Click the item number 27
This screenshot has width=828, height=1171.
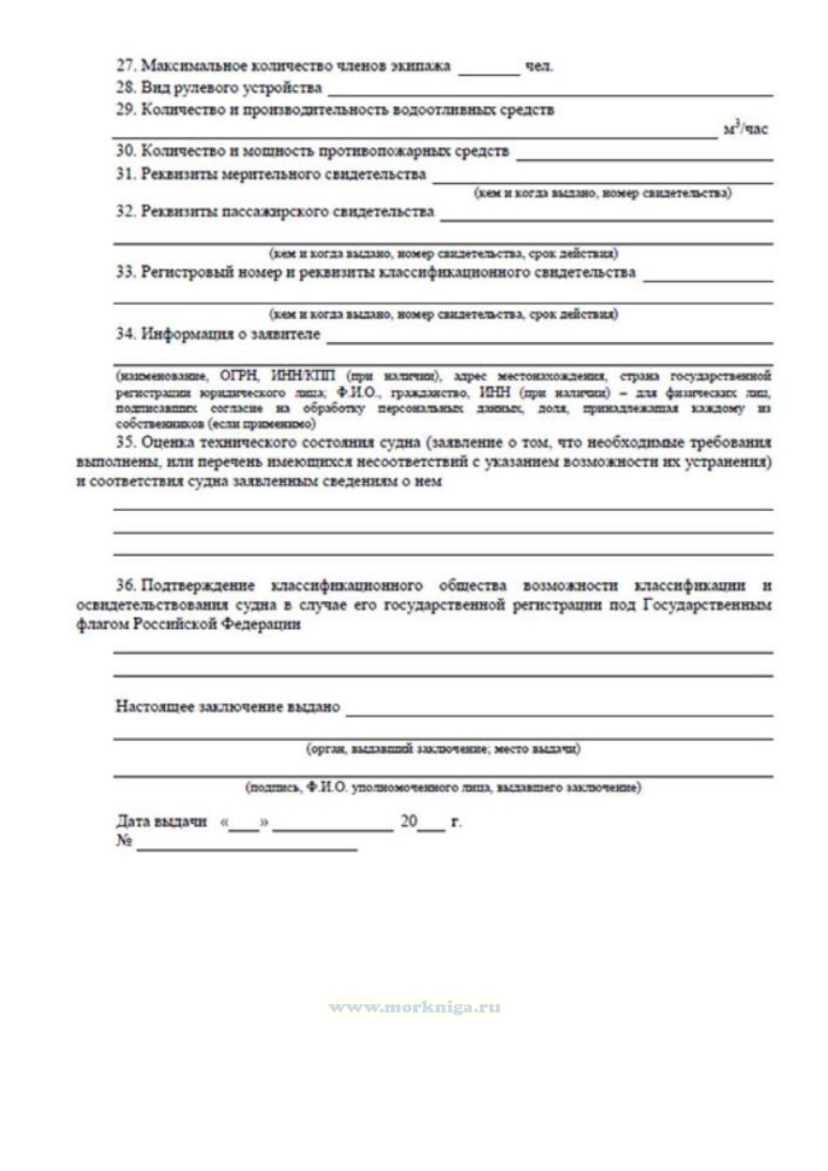tap(126, 67)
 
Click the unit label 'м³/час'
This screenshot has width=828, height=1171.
tap(745, 129)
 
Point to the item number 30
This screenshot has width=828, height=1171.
tap(126, 151)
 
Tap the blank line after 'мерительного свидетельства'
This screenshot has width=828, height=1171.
tap(602, 178)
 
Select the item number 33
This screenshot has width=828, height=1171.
tap(126, 273)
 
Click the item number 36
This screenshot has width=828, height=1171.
tap(126, 587)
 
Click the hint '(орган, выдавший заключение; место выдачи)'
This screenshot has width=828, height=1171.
tap(443, 749)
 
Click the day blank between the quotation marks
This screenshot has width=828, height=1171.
tap(243, 825)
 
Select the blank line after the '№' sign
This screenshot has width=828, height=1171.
tap(247, 847)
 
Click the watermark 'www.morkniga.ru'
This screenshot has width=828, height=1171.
tap(414, 1008)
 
